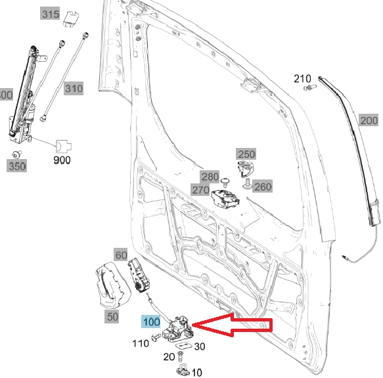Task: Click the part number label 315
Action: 68,14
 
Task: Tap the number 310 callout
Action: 74,88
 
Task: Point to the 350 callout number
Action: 17,166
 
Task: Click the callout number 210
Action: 302,80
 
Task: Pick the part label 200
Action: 369,120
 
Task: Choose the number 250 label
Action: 246,154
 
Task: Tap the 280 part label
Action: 210,177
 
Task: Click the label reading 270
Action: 200,190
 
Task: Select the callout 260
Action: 262,187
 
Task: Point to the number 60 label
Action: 121,255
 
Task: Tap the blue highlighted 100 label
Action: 151,323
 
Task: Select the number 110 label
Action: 141,343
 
